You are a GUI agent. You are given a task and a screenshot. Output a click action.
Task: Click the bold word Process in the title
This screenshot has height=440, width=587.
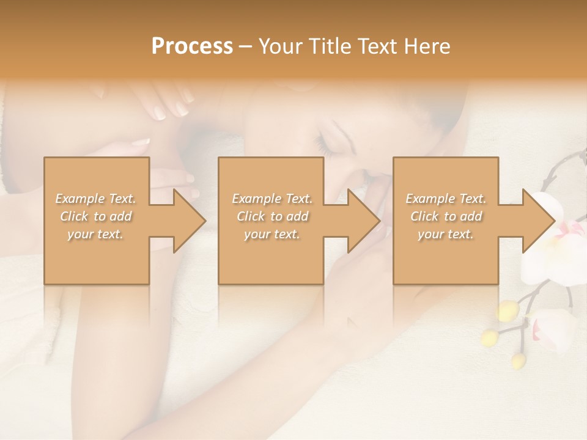pyautogui.click(x=192, y=46)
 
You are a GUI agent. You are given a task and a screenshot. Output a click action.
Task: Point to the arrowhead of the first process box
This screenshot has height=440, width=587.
pyautogui.click(x=190, y=221)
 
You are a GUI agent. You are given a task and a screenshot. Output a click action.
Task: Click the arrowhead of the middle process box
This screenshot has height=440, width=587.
pyautogui.click(x=364, y=221)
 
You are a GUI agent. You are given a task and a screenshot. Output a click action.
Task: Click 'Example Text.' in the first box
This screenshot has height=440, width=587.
pyautogui.click(x=95, y=199)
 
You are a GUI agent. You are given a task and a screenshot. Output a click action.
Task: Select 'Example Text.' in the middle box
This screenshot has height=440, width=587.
pyautogui.click(x=271, y=199)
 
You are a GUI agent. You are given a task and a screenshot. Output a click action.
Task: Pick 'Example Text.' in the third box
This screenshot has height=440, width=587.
pyautogui.click(x=446, y=199)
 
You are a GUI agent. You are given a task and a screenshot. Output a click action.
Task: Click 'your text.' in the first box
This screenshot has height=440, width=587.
pyautogui.click(x=95, y=234)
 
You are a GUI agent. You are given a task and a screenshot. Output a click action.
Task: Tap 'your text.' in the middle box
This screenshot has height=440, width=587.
pyautogui.click(x=271, y=234)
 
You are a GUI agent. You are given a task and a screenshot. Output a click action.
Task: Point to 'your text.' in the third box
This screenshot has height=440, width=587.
pyautogui.click(x=446, y=234)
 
